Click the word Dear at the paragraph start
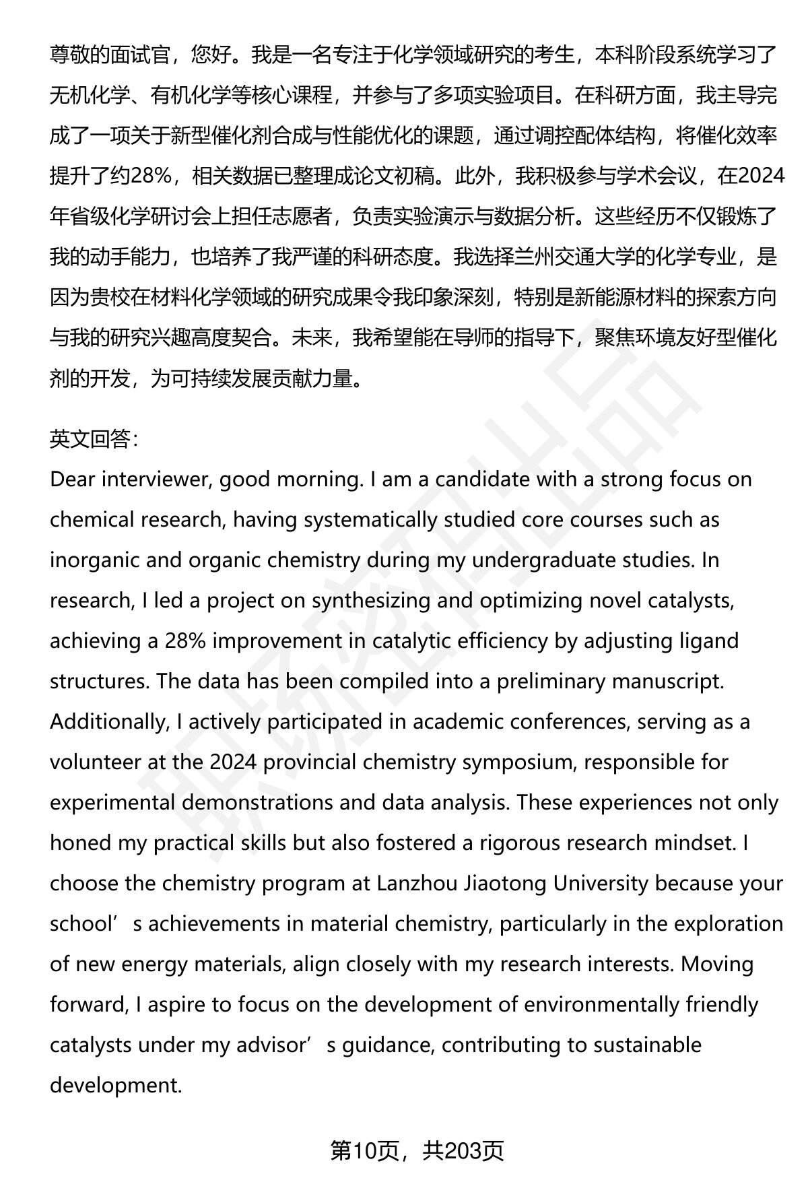73,480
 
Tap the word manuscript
667,682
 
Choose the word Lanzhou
417,884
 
